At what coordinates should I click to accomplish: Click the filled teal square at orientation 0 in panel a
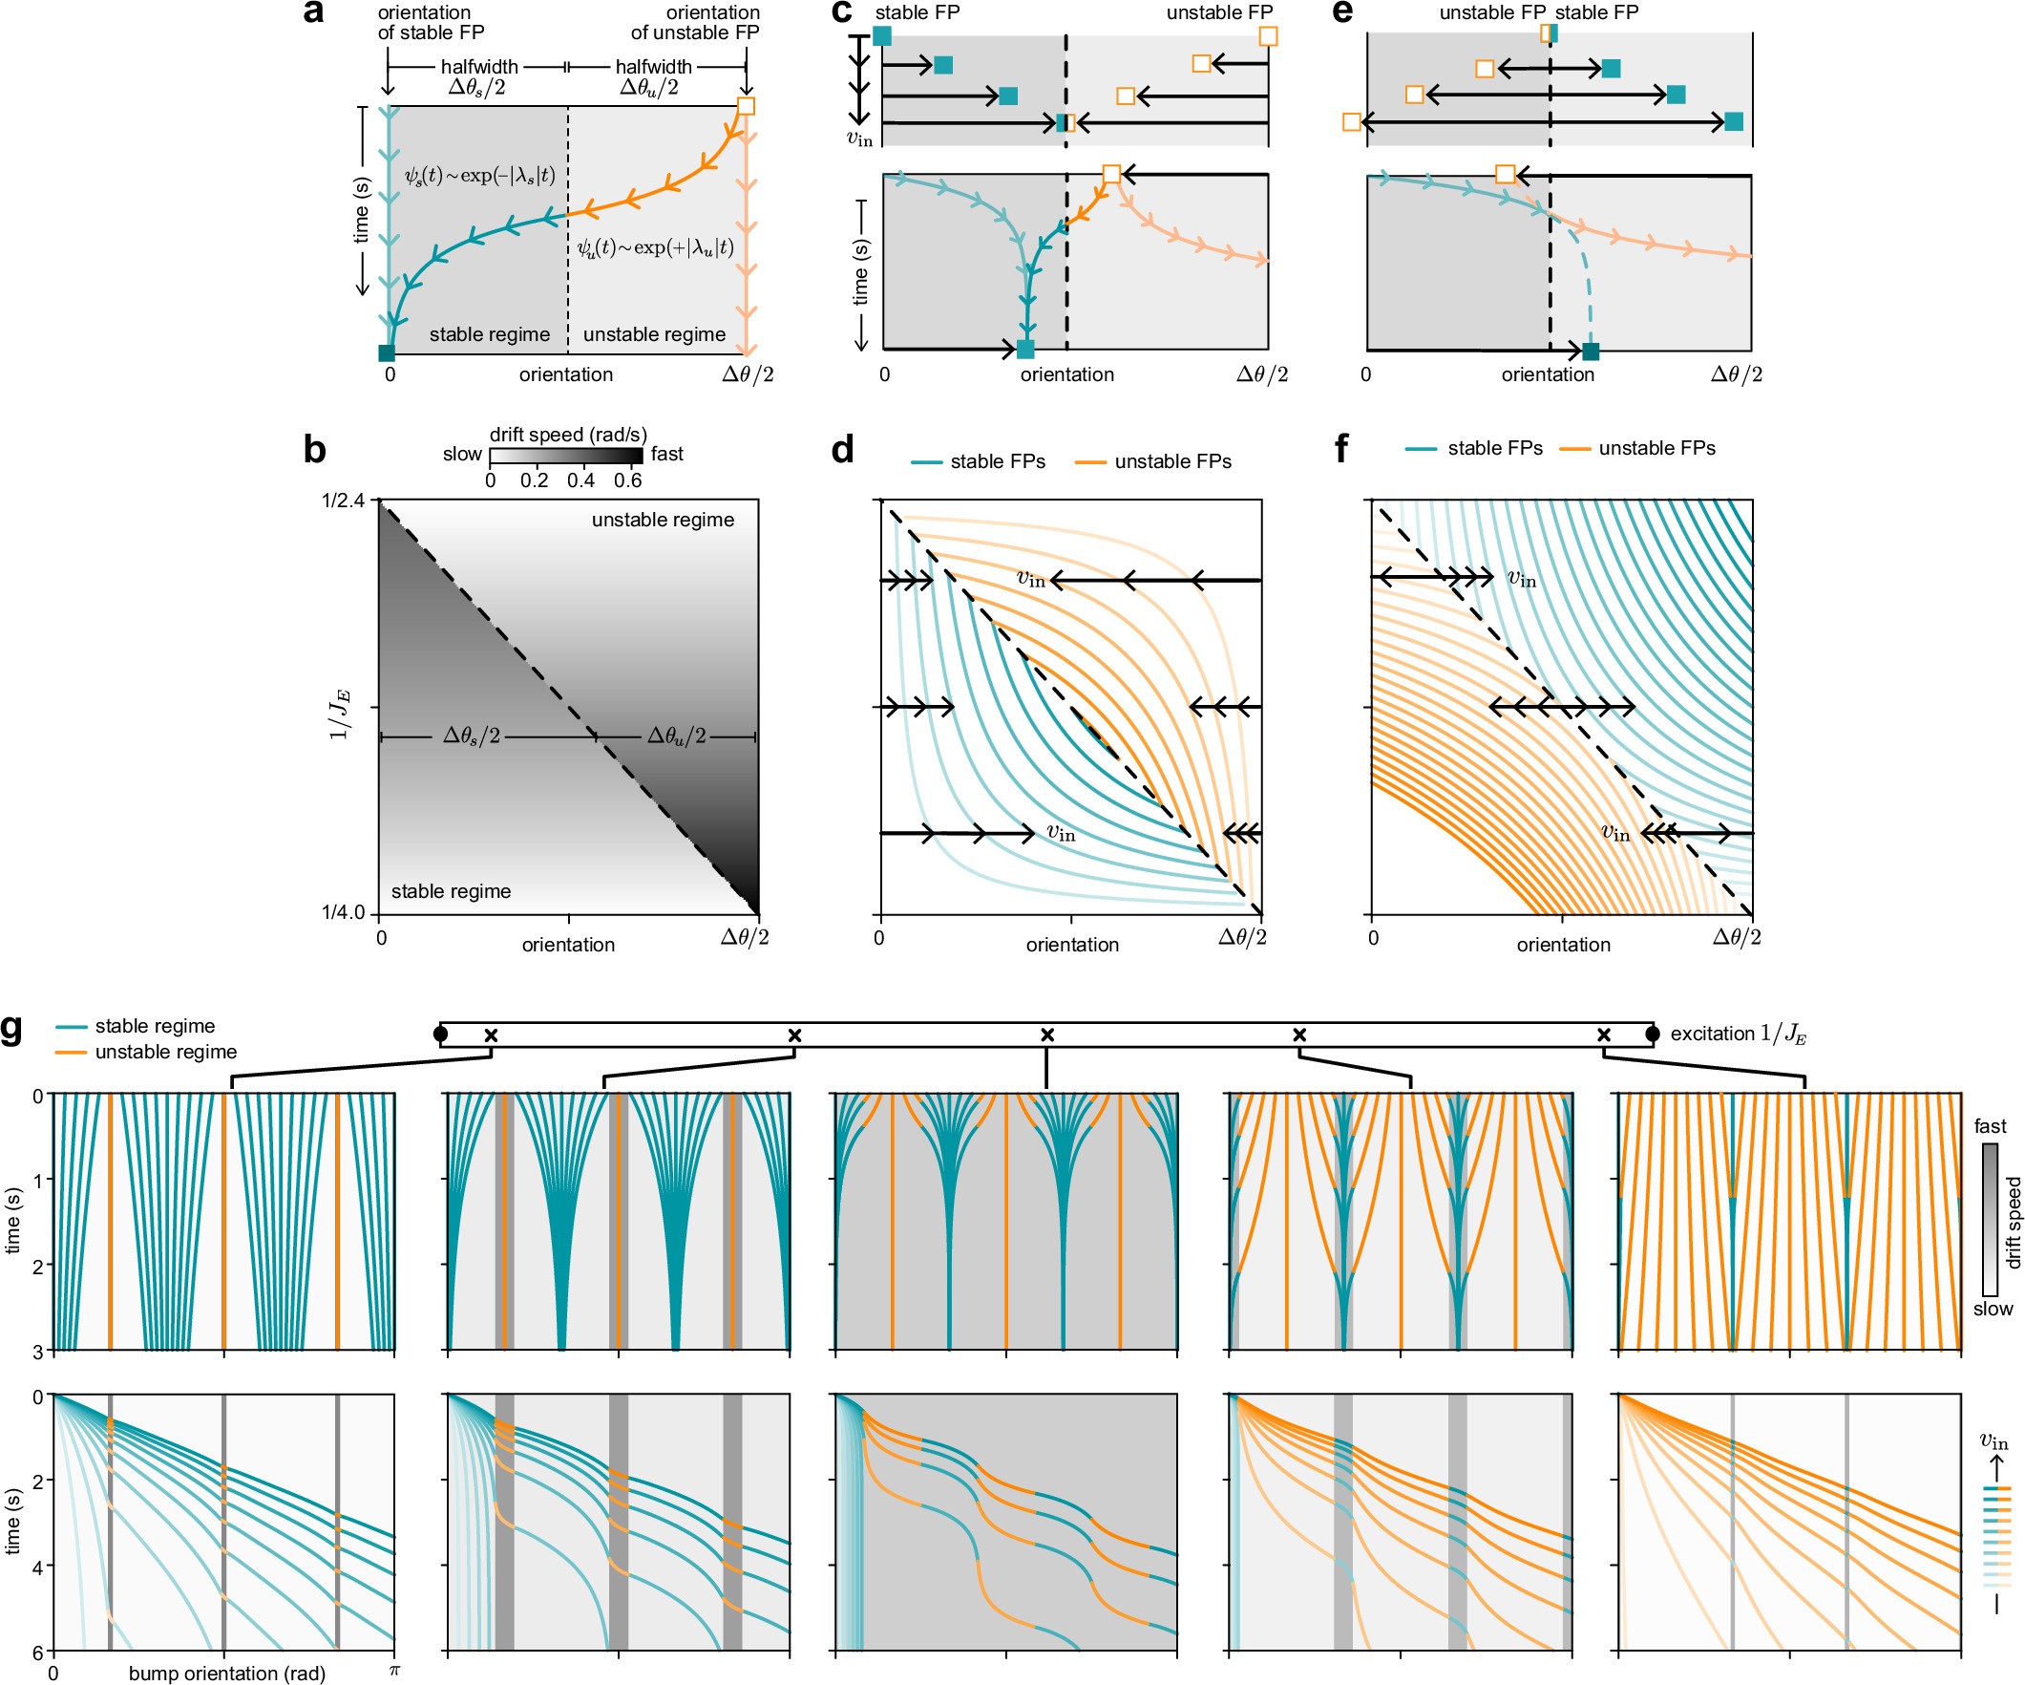tap(387, 353)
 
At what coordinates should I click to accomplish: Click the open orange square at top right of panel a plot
tap(746, 105)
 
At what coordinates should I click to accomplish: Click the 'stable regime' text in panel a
tap(489, 334)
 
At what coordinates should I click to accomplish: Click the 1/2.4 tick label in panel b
tap(344, 501)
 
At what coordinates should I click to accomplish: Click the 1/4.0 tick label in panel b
tap(344, 912)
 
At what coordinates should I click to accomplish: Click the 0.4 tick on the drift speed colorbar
tap(580, 480)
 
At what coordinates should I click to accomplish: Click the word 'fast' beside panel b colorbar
tap(666, 454)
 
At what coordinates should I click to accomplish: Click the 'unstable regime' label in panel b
tap(663, 520)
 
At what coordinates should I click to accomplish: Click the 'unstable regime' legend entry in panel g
tap(165, 1053)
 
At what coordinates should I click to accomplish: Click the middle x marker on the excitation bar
tap(1047, 1034)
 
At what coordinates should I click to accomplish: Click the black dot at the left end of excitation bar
tap(441, 1034)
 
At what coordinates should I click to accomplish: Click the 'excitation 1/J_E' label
tap(1738, 1034)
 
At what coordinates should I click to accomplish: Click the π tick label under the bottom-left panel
tap(393, 1670)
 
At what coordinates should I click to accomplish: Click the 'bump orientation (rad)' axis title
tap(226, 1674)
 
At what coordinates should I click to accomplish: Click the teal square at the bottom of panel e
tap(1590, 352)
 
